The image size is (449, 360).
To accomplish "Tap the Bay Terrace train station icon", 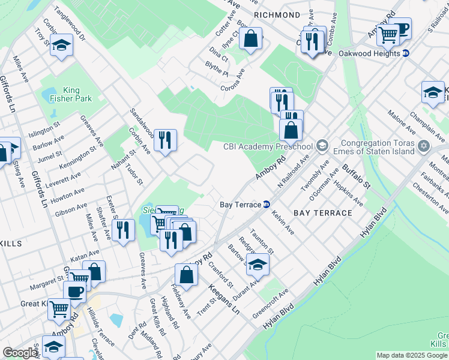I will point(266,204).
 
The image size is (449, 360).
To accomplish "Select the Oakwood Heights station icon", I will point(406,53).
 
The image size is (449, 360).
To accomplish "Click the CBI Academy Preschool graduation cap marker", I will point(322,146).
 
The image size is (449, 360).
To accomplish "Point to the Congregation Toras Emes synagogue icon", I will point(424,146).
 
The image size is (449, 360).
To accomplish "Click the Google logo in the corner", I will point(20,353).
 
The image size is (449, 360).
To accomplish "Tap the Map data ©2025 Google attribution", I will point(412,355).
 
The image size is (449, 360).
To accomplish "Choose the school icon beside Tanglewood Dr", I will point(61,46).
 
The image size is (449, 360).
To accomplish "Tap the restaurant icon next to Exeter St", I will point(123,229).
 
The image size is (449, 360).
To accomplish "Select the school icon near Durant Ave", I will point(258,264).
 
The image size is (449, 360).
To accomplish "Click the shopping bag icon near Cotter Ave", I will point(252,39).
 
